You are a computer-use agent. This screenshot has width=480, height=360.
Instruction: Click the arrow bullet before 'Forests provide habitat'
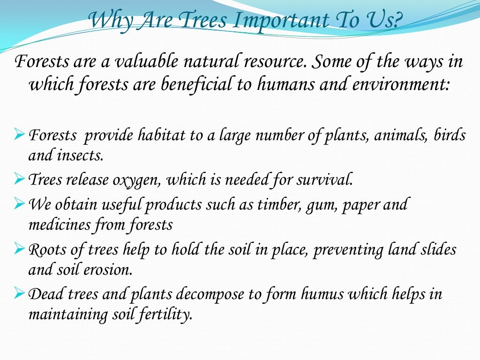click(x=20, y=136)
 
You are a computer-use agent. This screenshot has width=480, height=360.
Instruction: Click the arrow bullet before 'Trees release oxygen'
click(x=20, y=179)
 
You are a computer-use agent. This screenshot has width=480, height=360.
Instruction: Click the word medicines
click(x=60, y=225)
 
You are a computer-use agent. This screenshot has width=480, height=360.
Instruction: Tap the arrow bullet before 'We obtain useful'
click(x=20, y=204)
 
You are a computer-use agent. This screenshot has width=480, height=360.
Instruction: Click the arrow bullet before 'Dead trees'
click(x=20, y=294)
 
